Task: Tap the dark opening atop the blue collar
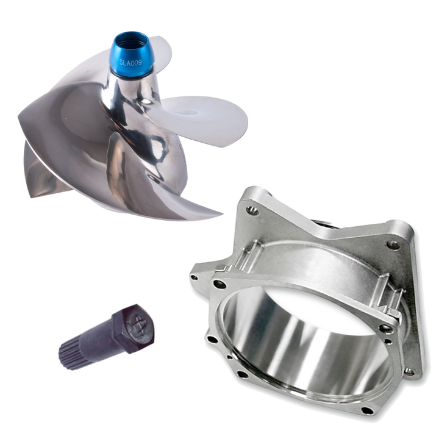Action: click(130, 34)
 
